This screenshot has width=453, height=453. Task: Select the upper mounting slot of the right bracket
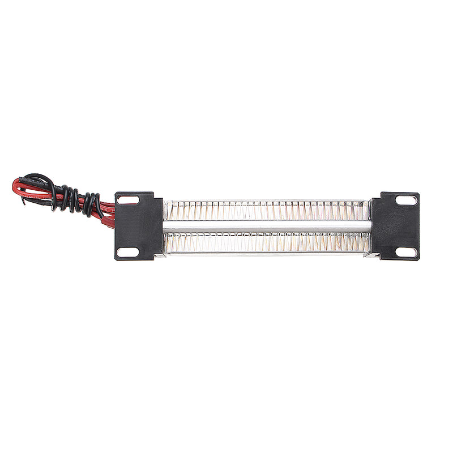(x=406, y=200)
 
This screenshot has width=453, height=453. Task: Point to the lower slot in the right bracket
(x=405, y=251)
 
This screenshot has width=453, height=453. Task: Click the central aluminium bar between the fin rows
(x=266, y=226)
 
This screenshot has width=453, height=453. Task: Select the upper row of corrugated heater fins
(x=266, y=211)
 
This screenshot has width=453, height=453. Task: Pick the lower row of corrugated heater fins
(x=266, y=242)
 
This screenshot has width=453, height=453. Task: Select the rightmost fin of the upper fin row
(x=365, y=211)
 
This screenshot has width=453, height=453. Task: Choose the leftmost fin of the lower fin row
(x=168, y=242)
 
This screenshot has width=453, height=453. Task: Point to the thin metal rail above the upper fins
(x=266, y=200)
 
